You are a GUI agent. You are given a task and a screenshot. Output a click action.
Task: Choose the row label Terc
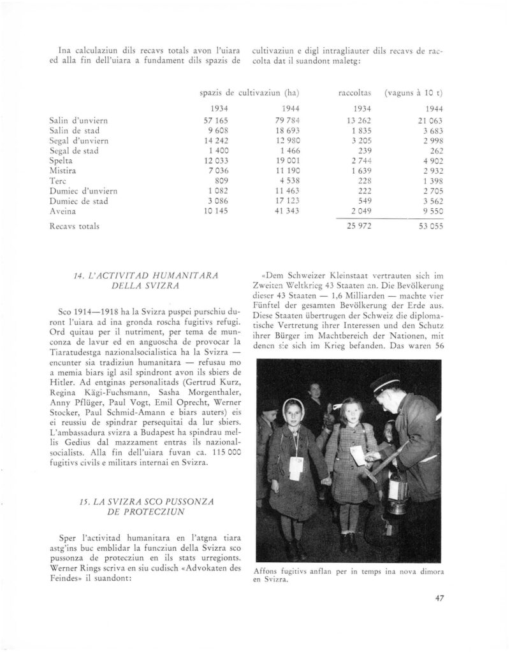[57, 180]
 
